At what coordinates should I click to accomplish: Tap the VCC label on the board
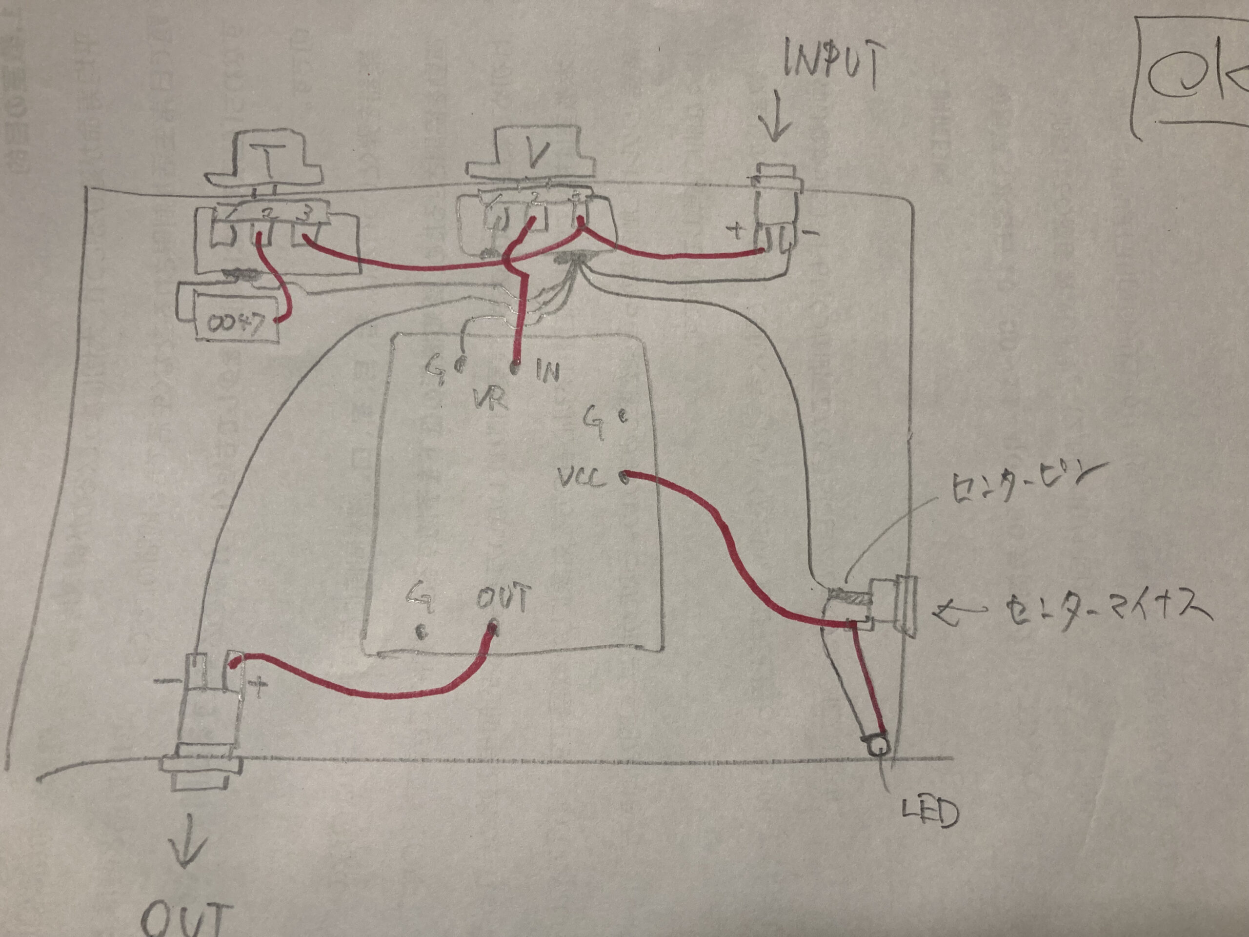tap(581, 479)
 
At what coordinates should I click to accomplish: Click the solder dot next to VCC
tap(624, 477)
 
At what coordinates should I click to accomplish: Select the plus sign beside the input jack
tap(737, 232)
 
